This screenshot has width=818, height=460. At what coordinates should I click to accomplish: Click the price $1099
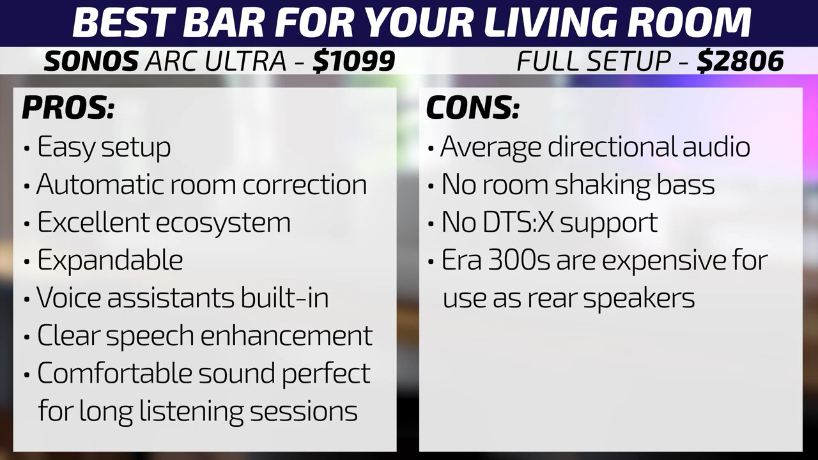click(354, 61)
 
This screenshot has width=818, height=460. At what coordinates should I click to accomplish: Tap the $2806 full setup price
click(740, 61)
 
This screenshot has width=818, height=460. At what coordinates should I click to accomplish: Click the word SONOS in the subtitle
click(91, 61)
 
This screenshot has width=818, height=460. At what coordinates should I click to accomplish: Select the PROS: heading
click(68, 108)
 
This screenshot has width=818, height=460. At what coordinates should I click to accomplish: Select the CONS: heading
click(472, 108)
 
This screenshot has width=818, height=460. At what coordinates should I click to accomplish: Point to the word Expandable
click(110, 260)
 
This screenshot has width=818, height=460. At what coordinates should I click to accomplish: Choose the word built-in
click(284, 298)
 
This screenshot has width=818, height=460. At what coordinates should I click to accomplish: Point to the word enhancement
click(286, 335)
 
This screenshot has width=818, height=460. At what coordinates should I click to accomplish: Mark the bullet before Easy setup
click(26, 149)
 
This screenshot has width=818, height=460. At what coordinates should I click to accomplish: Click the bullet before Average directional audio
click(431, 149)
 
